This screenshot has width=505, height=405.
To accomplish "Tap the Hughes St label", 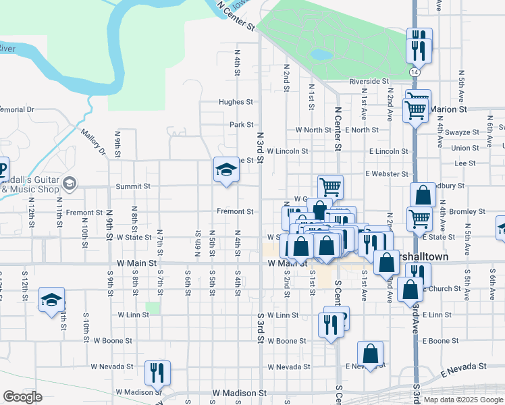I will point(235,103).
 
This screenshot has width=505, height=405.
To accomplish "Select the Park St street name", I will point(241,125).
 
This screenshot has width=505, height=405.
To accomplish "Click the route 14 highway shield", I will point(413,71).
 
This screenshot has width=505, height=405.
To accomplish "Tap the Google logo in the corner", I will point(22,396).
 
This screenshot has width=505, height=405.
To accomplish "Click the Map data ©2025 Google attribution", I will point(462,400).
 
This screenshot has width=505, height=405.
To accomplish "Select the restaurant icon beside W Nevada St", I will point(157,373).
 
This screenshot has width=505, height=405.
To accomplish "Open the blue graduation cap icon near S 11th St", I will point(51,301).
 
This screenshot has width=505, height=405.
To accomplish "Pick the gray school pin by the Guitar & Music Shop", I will point(69,183).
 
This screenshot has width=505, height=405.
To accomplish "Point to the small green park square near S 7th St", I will point(153,308).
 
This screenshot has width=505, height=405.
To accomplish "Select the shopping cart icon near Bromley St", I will point(419,219).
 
